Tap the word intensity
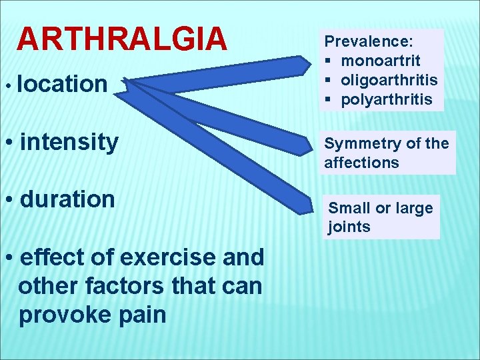coord(69,141)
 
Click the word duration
coord(67,199)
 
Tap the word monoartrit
coord(380,61)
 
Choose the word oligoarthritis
coord(389,80)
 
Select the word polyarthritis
coord(387,100)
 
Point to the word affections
coord(361,163)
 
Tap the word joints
coord(349,227)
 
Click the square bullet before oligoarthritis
coord(329,81)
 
